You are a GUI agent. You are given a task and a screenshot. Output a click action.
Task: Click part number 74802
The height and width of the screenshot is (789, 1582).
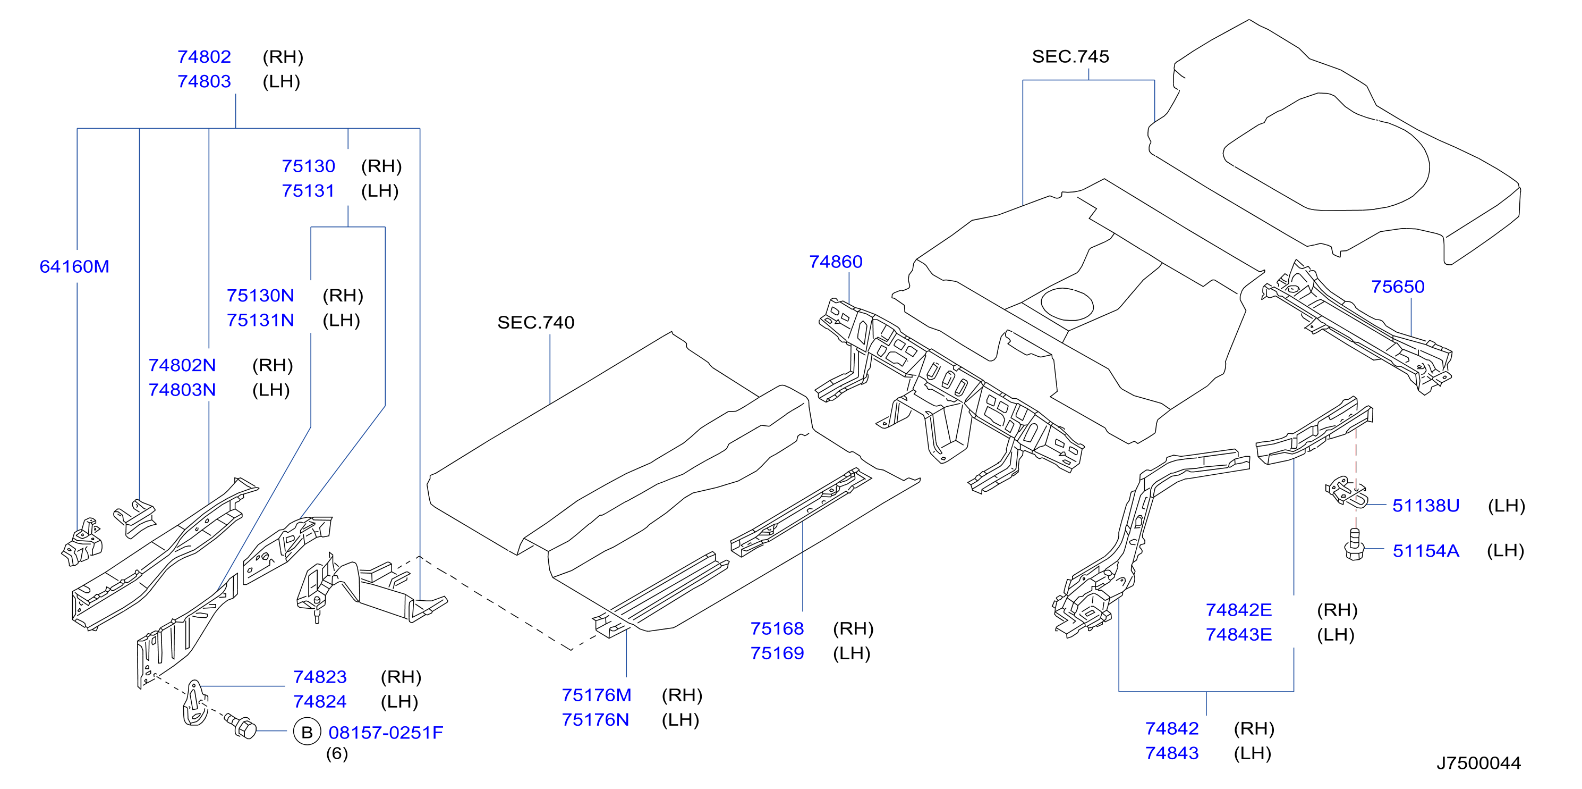coord(204,56)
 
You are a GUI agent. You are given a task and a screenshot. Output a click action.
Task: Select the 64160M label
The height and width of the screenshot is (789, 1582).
coord(74,267)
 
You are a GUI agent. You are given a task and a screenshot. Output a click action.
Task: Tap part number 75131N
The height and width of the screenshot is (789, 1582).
coord(260,320)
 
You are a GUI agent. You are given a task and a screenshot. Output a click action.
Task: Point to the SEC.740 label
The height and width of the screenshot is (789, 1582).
coord(535,323)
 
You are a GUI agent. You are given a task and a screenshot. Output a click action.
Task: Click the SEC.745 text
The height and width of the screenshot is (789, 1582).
coord(1070,56)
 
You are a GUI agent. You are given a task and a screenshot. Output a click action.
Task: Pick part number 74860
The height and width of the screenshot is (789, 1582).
coord(836,262)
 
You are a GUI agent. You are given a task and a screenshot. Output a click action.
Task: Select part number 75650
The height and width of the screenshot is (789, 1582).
coord(1398,287)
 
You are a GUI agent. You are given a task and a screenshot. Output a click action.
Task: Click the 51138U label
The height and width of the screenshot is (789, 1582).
coord(1426,506)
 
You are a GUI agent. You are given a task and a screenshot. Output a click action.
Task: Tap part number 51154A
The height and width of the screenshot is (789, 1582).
coord(1426,551)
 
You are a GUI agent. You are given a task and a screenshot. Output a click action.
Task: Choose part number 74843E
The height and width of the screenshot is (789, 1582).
coord(1239,635)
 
